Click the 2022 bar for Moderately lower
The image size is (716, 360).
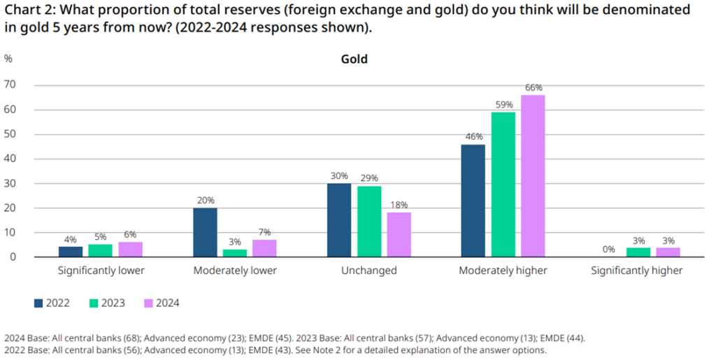205,233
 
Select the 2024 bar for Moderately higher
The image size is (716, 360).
533,176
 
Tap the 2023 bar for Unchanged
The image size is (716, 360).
368,222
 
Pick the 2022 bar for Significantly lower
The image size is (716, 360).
70,252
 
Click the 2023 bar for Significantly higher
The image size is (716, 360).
637,253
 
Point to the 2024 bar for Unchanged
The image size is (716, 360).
399,235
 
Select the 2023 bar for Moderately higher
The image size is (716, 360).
503,185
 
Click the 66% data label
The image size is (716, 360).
534,88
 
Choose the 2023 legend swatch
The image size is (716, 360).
94,303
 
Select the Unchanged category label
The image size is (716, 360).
368,271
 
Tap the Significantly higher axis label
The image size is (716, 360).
636,271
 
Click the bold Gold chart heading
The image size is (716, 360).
354,59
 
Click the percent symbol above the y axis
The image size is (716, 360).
8,59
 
